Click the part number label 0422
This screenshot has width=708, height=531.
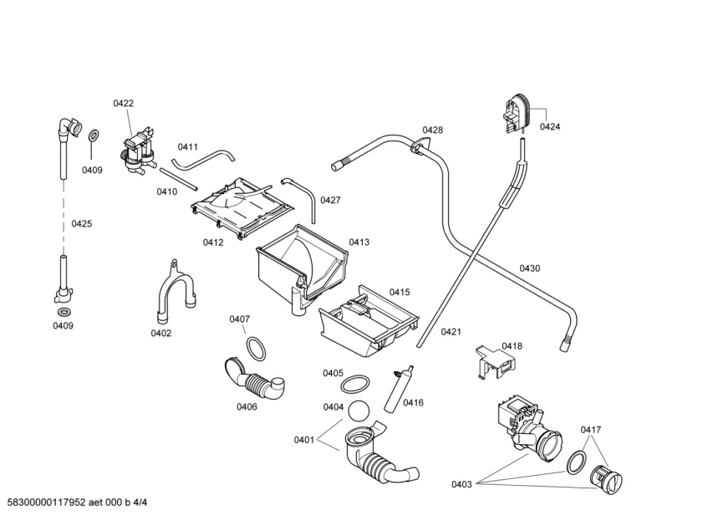(123, 104)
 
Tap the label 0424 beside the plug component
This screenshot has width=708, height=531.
(549, 127)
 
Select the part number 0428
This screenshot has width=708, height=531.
(432, 130)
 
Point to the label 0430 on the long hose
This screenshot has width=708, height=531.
(529, 268)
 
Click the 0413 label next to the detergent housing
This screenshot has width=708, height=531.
(359, 242)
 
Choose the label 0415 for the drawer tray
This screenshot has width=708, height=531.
(399, 292)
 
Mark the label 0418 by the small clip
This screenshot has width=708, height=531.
(512, 345)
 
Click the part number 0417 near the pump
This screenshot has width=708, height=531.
(591, 430)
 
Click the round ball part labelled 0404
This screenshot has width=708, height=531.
(358, 411)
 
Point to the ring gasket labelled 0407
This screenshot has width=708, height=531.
(256, 347)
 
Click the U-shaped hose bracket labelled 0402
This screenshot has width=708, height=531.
(174, 293)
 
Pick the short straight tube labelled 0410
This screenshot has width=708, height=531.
(176, 179)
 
